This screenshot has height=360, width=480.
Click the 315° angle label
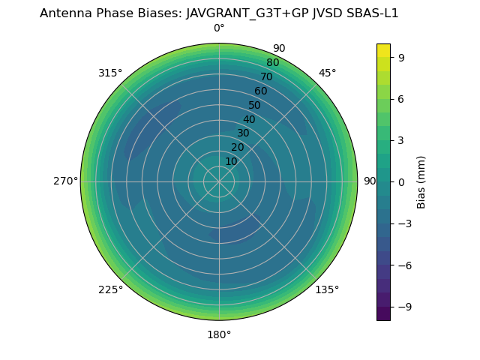pos(110,73)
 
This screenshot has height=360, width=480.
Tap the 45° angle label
pos(327,73)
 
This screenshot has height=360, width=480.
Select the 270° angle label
pos(65,181)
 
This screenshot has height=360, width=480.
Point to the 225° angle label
pos(110,289)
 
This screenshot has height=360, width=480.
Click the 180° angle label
pos(219,334)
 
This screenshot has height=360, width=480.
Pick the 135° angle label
pos(327,289)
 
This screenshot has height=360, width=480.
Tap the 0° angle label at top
pos(219,28)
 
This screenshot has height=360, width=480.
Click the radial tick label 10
pos(231,161)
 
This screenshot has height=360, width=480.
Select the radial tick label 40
pos(249,119)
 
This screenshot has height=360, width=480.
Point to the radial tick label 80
pos(272,63)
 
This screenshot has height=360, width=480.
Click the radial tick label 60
pos(260,91)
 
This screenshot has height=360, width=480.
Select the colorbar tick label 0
pos(401,181)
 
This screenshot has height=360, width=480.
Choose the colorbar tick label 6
pos(401,98)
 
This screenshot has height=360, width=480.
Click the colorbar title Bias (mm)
pos(421,181)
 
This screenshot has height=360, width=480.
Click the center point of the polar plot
pos(219,181)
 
